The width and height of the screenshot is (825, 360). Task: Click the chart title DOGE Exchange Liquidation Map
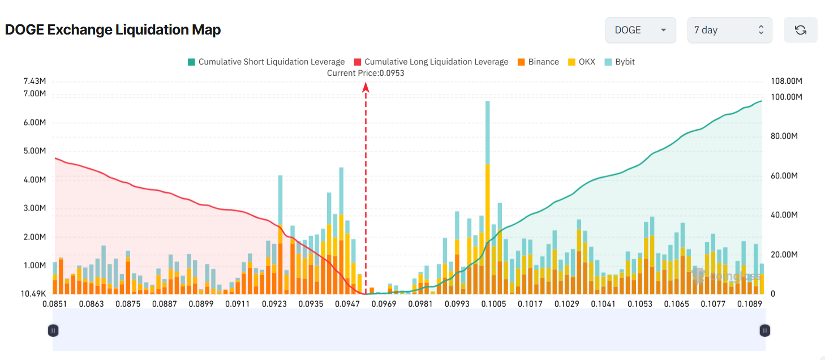point(113,30)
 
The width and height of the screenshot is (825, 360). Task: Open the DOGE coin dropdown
point(640,30)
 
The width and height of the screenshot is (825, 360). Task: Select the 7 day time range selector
point(729,30)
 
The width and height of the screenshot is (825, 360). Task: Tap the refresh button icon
point(800,30)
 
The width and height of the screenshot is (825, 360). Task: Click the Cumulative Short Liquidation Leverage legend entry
point(266,62)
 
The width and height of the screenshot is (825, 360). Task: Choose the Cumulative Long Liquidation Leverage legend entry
point(431,62)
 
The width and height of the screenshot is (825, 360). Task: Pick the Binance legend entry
point(538,62)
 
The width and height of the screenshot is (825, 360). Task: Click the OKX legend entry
point(582,62)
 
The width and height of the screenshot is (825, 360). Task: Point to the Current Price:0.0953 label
point(366,73)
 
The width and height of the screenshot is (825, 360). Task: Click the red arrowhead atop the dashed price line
point(366,87)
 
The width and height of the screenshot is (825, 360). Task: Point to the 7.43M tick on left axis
point(35,82)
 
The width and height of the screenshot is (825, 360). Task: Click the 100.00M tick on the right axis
point(787,97)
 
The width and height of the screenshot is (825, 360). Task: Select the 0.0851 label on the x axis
point(55,304)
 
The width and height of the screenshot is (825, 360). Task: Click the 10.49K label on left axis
point(34,294)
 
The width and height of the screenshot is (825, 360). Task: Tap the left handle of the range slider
point(53,330)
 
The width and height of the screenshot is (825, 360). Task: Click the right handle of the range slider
point(765,330)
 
